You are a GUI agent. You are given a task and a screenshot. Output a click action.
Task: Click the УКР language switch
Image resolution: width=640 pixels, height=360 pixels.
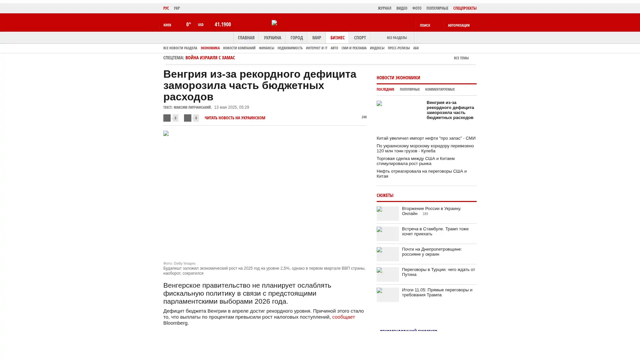click(177, 8)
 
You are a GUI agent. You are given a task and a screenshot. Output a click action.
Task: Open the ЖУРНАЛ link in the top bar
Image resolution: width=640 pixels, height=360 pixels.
click(384, 8)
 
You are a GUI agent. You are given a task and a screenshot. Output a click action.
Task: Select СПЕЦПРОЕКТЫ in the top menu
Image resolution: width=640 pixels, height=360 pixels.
click(465, 8)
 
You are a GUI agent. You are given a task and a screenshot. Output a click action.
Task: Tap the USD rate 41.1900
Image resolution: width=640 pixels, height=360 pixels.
click(223, 25)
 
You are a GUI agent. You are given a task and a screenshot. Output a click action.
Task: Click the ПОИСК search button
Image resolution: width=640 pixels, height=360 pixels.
click(425, 25)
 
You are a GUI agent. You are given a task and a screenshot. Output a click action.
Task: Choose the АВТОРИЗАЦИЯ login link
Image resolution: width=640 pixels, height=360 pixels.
click(459, 25)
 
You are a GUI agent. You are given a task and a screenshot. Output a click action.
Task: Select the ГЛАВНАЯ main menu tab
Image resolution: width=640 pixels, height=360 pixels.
click(246, 38)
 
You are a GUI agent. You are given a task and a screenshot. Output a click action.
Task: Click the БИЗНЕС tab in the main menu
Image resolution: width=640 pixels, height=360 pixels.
click(337, 38)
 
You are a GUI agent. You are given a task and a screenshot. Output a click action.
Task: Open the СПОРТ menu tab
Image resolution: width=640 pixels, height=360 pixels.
click(360, 38)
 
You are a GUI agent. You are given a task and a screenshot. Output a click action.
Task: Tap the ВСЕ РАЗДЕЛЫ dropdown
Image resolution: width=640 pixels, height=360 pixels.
click(397, 38)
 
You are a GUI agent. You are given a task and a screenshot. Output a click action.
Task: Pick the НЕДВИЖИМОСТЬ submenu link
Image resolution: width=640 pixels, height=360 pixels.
click(290, 48)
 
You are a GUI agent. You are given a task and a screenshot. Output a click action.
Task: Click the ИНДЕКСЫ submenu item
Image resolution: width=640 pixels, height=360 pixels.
click(377, 48)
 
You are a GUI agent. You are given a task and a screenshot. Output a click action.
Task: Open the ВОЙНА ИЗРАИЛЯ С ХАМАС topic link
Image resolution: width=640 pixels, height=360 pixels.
click(210, 58)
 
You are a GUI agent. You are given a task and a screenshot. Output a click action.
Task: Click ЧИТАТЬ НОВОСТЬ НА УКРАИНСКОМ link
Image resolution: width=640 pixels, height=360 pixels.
click(235, 118)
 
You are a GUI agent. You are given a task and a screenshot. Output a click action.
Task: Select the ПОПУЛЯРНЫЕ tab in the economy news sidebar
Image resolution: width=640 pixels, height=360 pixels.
click(409, 90)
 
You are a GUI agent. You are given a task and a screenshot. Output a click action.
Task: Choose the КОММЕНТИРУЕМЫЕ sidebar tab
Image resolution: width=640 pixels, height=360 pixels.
click(440, 90)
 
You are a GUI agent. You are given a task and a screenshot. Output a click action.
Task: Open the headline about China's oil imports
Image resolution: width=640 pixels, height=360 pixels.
click(426, 138)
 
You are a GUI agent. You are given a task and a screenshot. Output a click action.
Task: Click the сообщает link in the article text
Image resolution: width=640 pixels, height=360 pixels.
click(343, 317)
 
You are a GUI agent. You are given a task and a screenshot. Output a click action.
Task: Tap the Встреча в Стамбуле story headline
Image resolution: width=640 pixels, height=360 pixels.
click(435, 231)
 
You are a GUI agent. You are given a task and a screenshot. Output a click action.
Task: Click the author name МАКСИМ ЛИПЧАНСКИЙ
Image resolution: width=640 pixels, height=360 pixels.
click(192, 107)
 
